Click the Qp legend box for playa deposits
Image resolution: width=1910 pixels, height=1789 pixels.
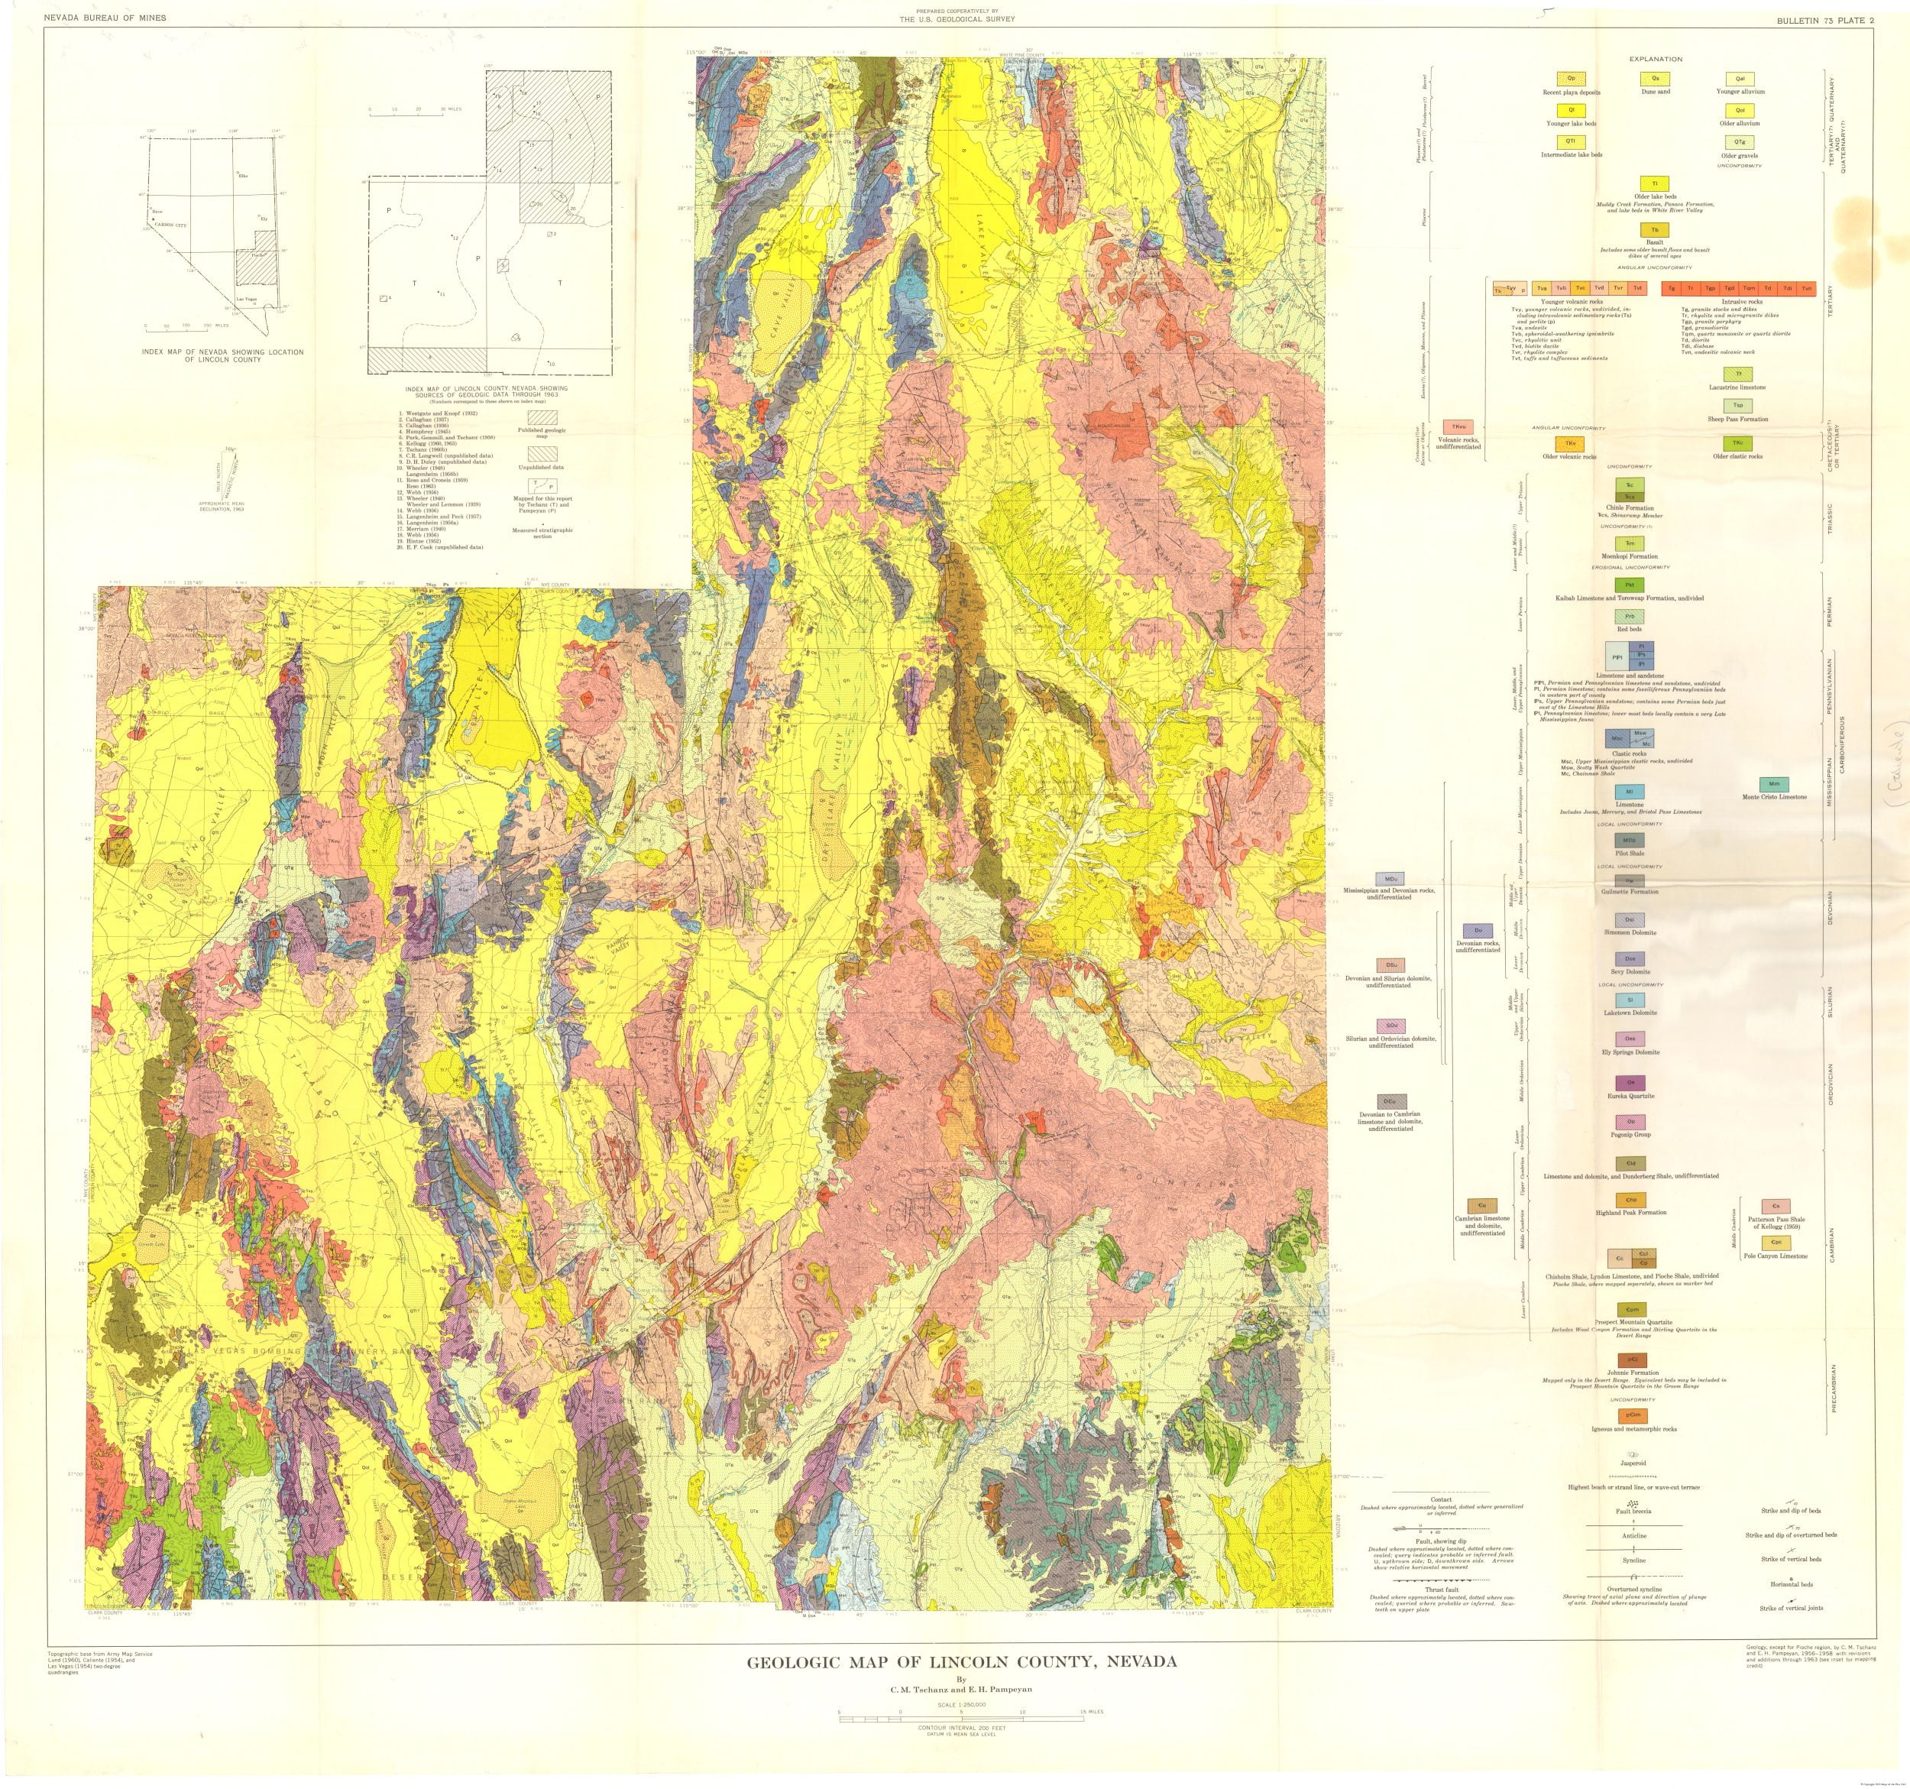coord(1571,79)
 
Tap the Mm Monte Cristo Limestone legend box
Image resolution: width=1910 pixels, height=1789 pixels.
coord(1773,785)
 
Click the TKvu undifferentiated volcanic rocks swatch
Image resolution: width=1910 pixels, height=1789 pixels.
coord(1459,426)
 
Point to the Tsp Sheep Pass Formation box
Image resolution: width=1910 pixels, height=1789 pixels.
coord(1737,407)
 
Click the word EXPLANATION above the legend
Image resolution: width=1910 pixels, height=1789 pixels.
coord(1656,60)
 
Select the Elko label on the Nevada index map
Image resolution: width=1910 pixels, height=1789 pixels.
coord(243,177)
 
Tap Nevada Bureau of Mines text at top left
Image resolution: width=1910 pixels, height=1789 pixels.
coord(105,18)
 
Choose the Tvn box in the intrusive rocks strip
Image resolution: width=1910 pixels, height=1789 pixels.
coord(1806,288)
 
